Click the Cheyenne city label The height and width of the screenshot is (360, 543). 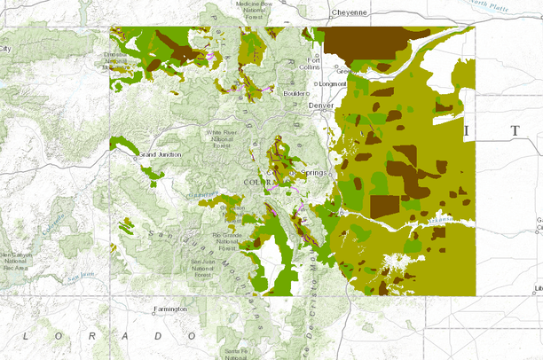pos(348,12)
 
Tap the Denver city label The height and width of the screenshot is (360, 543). pos(321,105)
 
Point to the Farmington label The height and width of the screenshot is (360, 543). pos(170,309)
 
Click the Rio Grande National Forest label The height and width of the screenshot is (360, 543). pos(226,239)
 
